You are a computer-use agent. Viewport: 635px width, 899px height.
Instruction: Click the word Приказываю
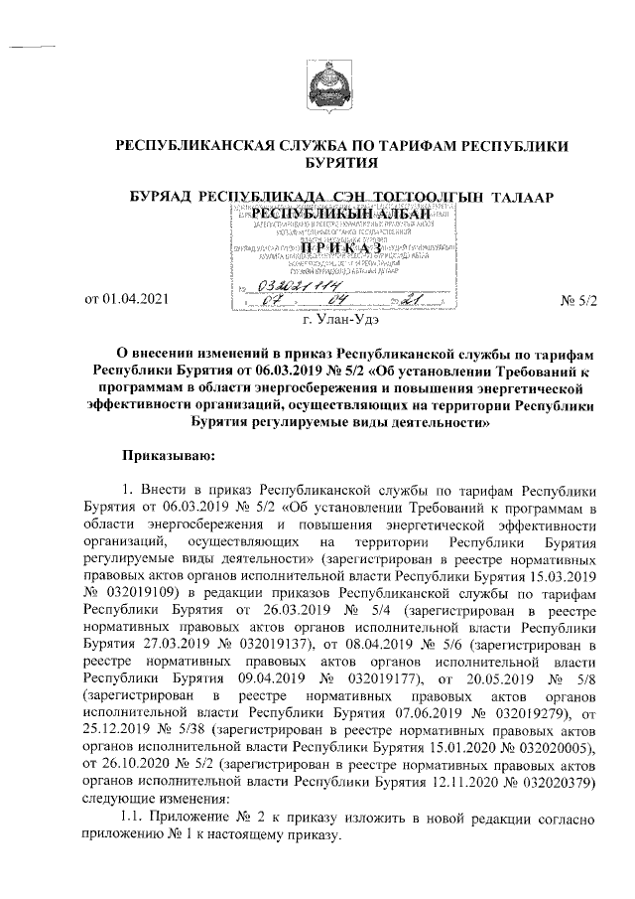tap(161, 454)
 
